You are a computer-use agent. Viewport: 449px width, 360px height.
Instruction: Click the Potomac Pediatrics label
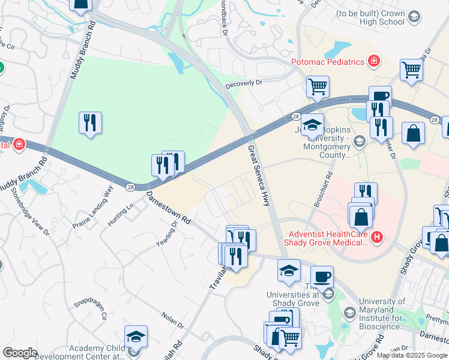tap(328, 62)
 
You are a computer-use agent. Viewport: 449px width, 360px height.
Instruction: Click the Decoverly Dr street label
tap(244, 85)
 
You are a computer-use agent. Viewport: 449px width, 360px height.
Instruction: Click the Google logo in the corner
tap(20, 353)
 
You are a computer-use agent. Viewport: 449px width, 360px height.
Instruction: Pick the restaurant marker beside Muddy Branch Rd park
tap(90, 123)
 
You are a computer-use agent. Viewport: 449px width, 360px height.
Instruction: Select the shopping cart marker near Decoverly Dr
tap(318, 86)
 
